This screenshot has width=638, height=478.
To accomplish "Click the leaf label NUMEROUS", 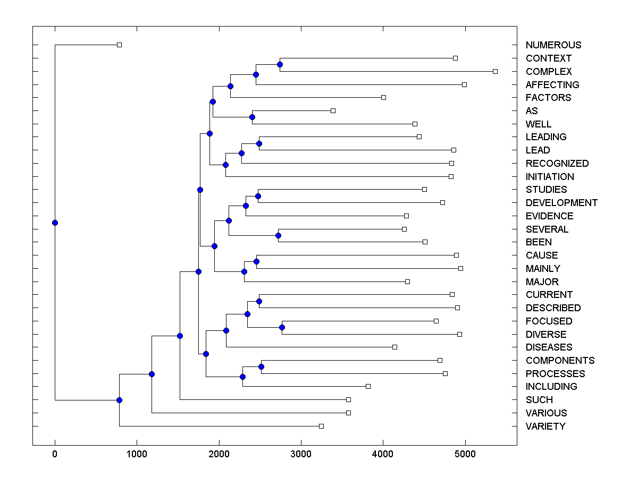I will coord(553,45).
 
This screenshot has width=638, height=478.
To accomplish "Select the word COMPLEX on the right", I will coord(549,72).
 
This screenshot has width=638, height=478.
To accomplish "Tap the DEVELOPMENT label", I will coord(561,203).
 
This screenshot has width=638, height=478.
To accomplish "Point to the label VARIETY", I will coord(545,426).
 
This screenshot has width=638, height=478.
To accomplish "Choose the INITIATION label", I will coord(550,177).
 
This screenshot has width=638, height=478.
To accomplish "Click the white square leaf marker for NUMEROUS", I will coord(119,45).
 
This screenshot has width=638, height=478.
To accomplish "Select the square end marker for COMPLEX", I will coord(495,71).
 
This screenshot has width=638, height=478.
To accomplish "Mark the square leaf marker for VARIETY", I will coord(321,426).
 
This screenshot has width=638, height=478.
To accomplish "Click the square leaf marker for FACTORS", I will coord(383,97).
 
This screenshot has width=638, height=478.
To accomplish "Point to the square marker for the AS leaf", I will coord(333,110).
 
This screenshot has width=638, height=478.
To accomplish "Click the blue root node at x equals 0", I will coord(55,223).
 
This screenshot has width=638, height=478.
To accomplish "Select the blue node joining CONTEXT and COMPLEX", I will coord(280,65).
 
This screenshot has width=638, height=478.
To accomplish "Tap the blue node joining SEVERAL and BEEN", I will coord(278,235).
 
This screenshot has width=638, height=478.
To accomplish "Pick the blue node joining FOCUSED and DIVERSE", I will coord(282,327).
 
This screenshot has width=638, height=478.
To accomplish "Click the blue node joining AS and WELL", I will coord(253,117).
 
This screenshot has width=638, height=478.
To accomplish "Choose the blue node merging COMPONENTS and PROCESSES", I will coord(261,366).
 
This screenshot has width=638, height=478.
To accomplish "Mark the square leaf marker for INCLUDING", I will coord(368,386).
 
